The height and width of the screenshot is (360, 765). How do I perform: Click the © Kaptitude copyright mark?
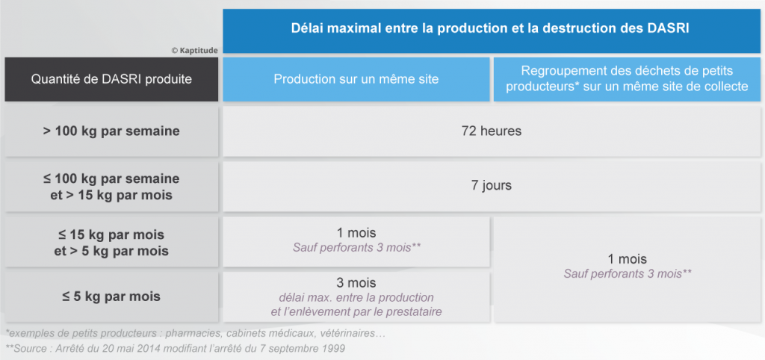194,50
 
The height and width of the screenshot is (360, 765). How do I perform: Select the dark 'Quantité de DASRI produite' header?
111,79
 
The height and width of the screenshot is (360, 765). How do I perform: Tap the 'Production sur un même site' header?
356,79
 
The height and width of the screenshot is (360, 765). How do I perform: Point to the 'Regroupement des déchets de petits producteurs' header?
627,79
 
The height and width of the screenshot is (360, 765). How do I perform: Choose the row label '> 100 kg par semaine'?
111,131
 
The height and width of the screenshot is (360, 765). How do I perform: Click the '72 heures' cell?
492,131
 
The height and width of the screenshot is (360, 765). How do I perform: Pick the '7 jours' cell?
492,186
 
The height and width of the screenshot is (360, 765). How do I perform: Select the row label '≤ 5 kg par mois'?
111,296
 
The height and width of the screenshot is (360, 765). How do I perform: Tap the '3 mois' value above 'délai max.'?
356,283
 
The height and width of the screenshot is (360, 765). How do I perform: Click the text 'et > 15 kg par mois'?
111,196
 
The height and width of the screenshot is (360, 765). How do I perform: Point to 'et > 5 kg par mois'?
111,251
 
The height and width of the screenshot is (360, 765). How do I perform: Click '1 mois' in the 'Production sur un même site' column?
356,233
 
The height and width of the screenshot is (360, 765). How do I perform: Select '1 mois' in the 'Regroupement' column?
627,259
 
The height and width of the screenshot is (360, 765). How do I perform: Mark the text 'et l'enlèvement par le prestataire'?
356,311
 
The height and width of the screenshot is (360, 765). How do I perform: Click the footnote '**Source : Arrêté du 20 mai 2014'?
176,349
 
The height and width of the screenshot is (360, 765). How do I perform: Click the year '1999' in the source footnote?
334,349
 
